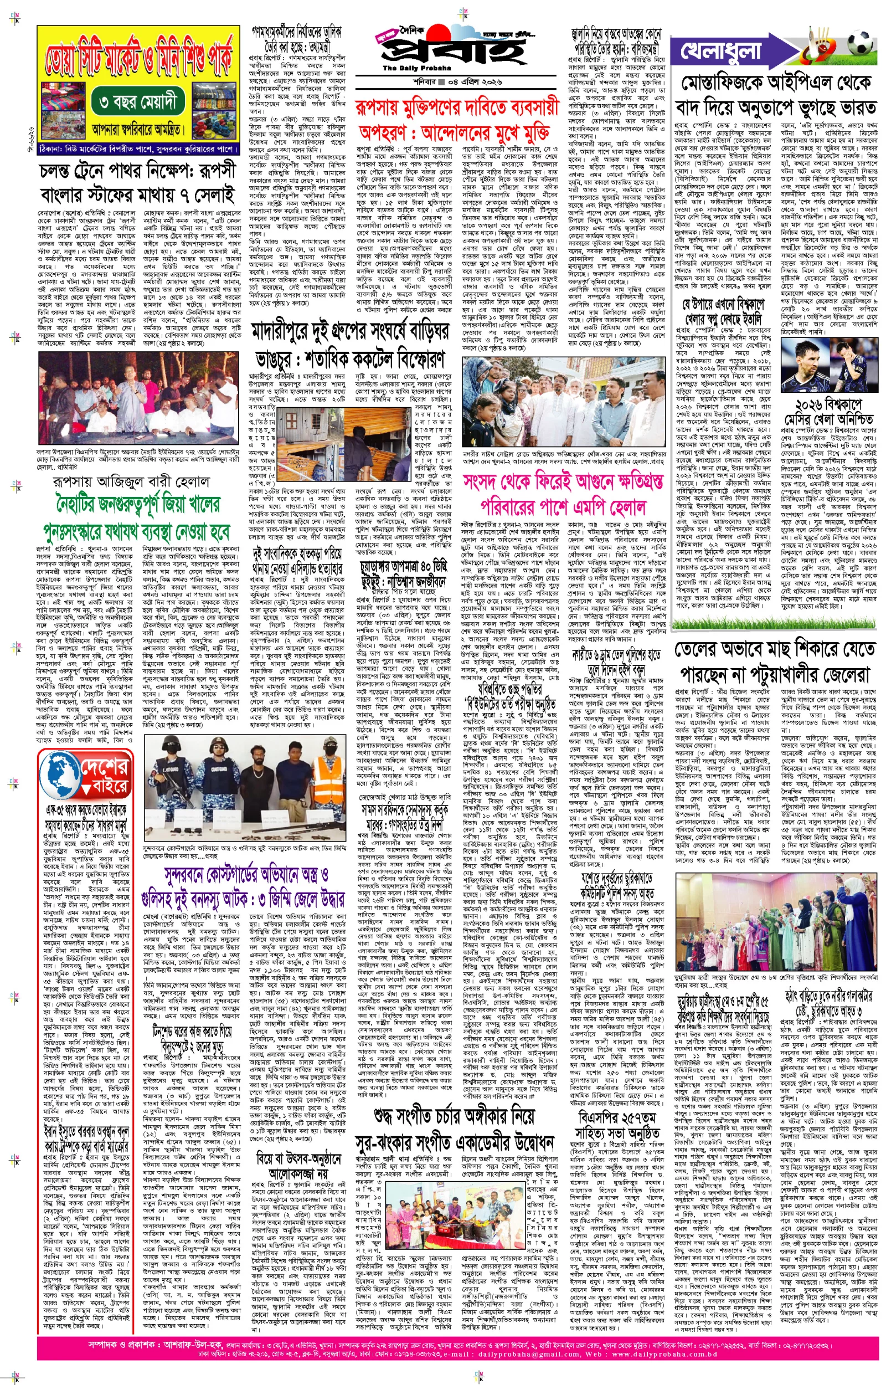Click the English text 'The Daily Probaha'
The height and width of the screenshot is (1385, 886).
[x=409, y=69]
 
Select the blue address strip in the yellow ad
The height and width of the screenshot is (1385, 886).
[x=138, y=149]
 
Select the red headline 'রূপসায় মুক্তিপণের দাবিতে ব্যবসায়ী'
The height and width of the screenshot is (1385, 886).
[x=457, y=107]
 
